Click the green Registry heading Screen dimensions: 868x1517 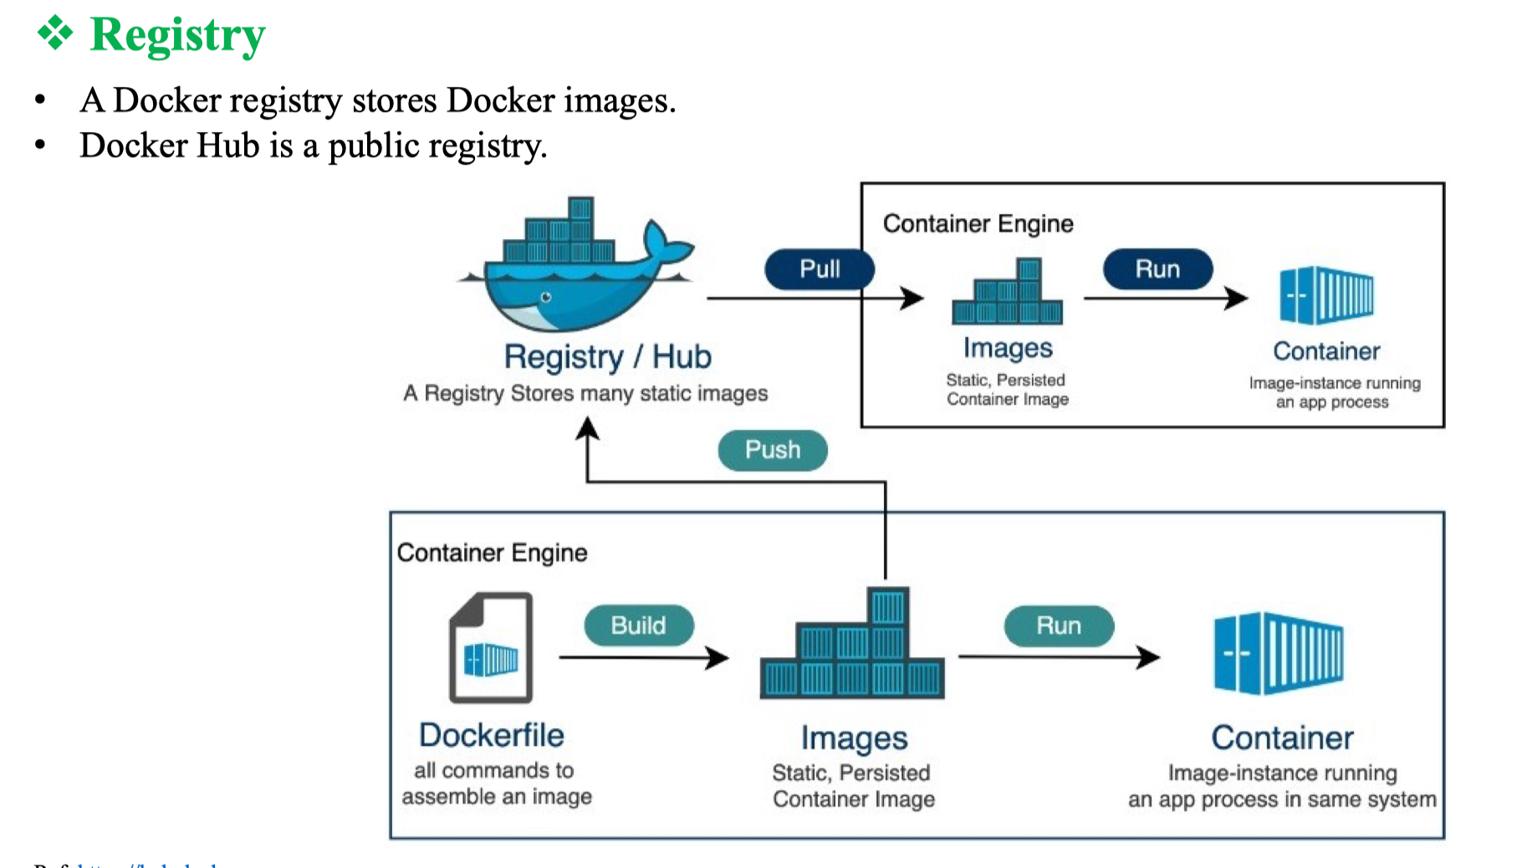(x=177, y=35)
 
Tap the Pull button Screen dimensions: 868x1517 (x=820, y=269)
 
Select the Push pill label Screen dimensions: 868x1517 (x=773, y=450)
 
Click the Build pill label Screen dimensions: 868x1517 (x=639, y=625)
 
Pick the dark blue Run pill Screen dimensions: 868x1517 (x=1157, y=269)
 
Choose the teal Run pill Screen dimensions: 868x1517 (x=1059, y=625)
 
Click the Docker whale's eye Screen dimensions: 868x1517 (x=546, y=297)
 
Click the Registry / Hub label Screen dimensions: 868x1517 (x=607, y=356)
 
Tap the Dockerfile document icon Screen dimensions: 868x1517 (x=491, y=647)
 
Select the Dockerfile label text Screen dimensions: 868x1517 (x=492, y=735)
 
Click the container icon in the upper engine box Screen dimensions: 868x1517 (x=1326, y=295)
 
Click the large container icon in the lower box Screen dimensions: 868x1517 (x=1279, y=653)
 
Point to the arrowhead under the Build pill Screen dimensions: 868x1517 (x=718, y=657)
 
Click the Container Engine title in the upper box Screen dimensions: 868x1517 (x=978, y=223)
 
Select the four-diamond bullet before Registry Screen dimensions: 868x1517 (x=55, y=33)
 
